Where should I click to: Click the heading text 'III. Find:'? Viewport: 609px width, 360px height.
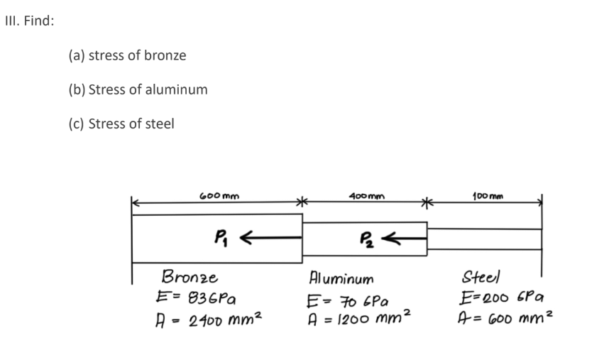(x=28, y=20)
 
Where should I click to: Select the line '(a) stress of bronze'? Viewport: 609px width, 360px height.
(x=127, y=55)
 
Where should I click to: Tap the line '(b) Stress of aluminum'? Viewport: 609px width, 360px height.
(x=138, y=89)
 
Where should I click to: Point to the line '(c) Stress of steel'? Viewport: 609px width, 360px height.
(x=121, y=124)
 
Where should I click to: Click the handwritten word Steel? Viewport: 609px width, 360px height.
(x=481, y=276)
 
